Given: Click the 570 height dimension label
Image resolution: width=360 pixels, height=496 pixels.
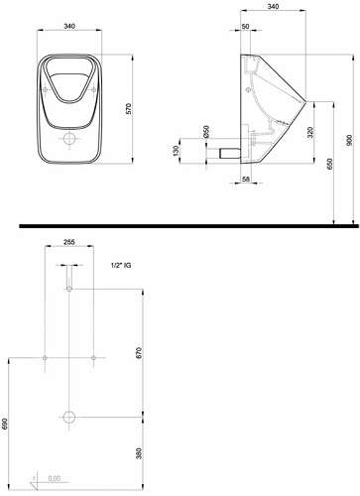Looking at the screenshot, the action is click(x=129, y=109).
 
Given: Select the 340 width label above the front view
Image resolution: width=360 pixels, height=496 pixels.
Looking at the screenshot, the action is click(x=69, y=26).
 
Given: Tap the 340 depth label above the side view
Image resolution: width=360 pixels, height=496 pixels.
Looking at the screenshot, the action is click(x=273, y=6).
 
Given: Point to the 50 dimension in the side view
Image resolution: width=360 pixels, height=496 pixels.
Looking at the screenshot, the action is click(x=245, y=27).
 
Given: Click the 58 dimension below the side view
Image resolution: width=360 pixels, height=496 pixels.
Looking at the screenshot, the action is click(x=246, y=179).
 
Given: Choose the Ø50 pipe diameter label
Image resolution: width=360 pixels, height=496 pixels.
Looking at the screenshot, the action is click(x=206, y=132).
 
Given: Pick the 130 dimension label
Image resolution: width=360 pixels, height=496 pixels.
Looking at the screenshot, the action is click(x=176, y=151).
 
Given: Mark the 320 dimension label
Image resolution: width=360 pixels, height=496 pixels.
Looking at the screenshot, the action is click(x=309, y=132).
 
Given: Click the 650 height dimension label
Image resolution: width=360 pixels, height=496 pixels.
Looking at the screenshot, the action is click(x=329, y=164).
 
